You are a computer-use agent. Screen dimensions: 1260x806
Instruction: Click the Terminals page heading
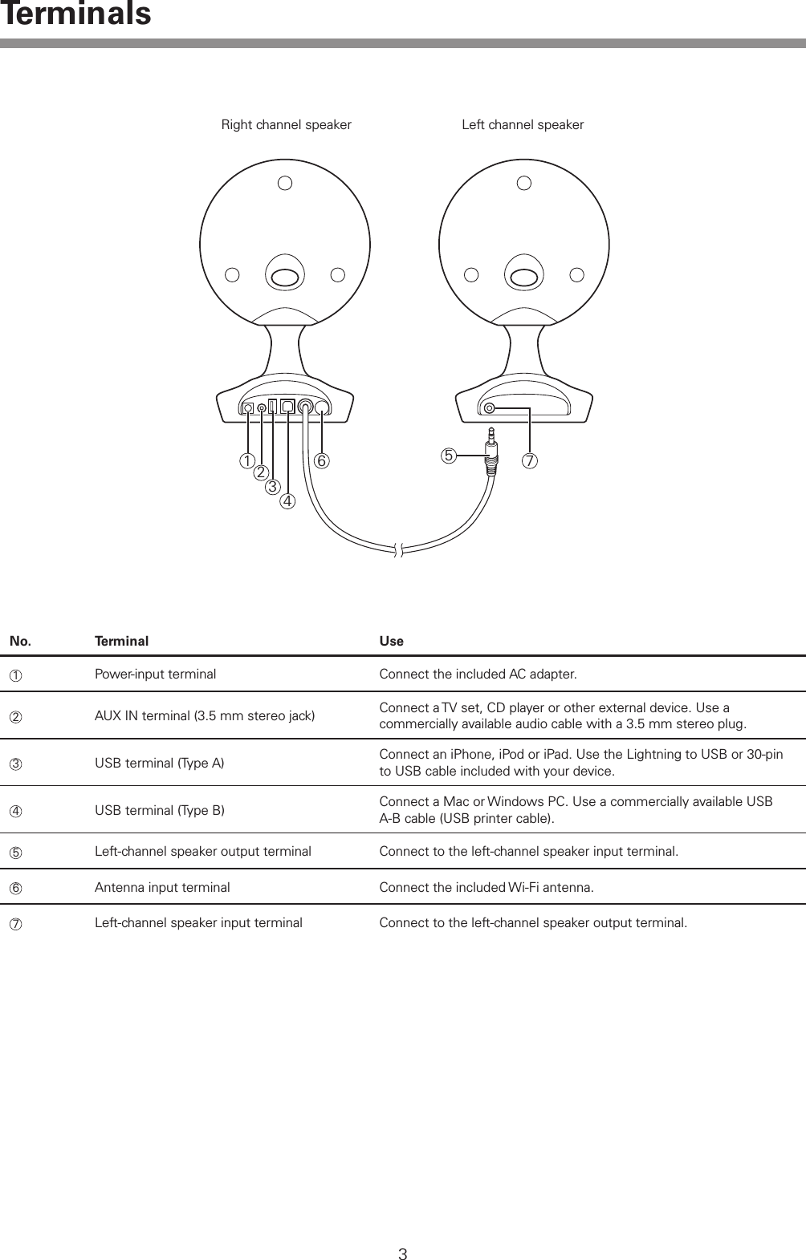pos(75,14)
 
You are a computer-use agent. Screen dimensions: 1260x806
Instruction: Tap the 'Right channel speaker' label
pos(286,125)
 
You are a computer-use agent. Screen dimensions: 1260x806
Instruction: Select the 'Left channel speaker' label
pos(523,125)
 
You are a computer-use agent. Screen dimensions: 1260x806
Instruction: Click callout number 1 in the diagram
pos(246,461)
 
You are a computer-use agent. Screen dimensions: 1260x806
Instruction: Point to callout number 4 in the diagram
pos(287,502)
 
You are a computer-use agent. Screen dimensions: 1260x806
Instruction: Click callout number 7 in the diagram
pos(530,461)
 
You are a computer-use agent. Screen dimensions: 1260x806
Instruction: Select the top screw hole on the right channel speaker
pos(285,184)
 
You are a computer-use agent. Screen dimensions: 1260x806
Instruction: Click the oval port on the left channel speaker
pos(523,277)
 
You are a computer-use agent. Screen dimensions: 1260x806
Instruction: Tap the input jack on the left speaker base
pos(490,408)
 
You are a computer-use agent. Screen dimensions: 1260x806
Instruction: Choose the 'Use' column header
pos(391,642)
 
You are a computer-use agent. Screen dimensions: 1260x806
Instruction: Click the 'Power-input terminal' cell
pos(155,674)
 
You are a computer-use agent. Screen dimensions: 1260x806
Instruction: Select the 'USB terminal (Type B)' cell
pos(159,810)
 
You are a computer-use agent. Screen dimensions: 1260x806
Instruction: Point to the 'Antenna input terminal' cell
pos(162,887)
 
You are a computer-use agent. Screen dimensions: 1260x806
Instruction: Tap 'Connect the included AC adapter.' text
pos(478,674)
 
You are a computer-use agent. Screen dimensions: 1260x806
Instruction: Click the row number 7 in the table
pos(14,923)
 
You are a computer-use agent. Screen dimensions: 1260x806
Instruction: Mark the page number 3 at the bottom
pos(403,1254)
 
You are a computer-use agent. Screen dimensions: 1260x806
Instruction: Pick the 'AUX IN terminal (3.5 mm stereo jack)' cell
pos(204,715)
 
